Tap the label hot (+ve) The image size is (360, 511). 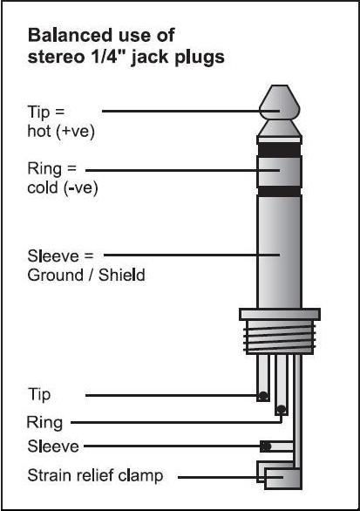(61, 132)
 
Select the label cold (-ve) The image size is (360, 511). (63, 188)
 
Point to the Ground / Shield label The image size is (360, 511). (86, 275)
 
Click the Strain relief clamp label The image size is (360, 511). (95, 476)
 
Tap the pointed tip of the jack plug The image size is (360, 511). (280, 102)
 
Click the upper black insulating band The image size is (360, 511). (280, 150)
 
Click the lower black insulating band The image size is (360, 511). (280, 191)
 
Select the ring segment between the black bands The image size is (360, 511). (280, 172)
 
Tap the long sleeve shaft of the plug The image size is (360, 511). (280, 252)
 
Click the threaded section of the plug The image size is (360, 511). (280, 337)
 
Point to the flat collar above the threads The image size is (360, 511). (280, 314)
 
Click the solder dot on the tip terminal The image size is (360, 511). (263, 396)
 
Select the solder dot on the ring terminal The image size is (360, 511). (282, 409)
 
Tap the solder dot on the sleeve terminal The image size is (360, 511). (266, 446)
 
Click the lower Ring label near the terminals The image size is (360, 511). (44, 423)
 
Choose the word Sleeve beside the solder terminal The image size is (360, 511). (53, 446)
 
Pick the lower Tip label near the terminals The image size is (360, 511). (39, 395)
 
